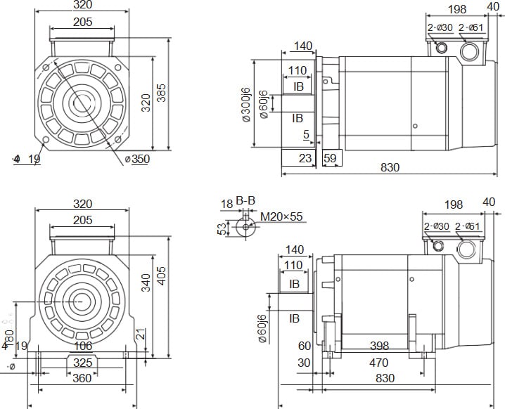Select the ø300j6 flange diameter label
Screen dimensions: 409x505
tap(245, 105)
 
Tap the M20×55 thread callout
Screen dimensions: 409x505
tap(281, 216)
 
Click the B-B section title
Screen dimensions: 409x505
tap(245, 202)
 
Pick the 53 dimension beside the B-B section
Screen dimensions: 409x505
tap(222, 229)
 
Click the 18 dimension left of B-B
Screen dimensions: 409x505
tap(226, 204)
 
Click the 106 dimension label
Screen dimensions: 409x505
tap(83, 346)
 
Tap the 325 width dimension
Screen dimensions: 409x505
tap(83, 363)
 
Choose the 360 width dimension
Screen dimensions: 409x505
tap(83, 379)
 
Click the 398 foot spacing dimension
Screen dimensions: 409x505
tap(379, 346)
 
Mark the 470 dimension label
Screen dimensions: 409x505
tap(378, 363)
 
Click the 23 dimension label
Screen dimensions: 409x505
tap(304, 158)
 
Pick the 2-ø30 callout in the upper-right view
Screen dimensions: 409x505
tap(438, 28)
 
